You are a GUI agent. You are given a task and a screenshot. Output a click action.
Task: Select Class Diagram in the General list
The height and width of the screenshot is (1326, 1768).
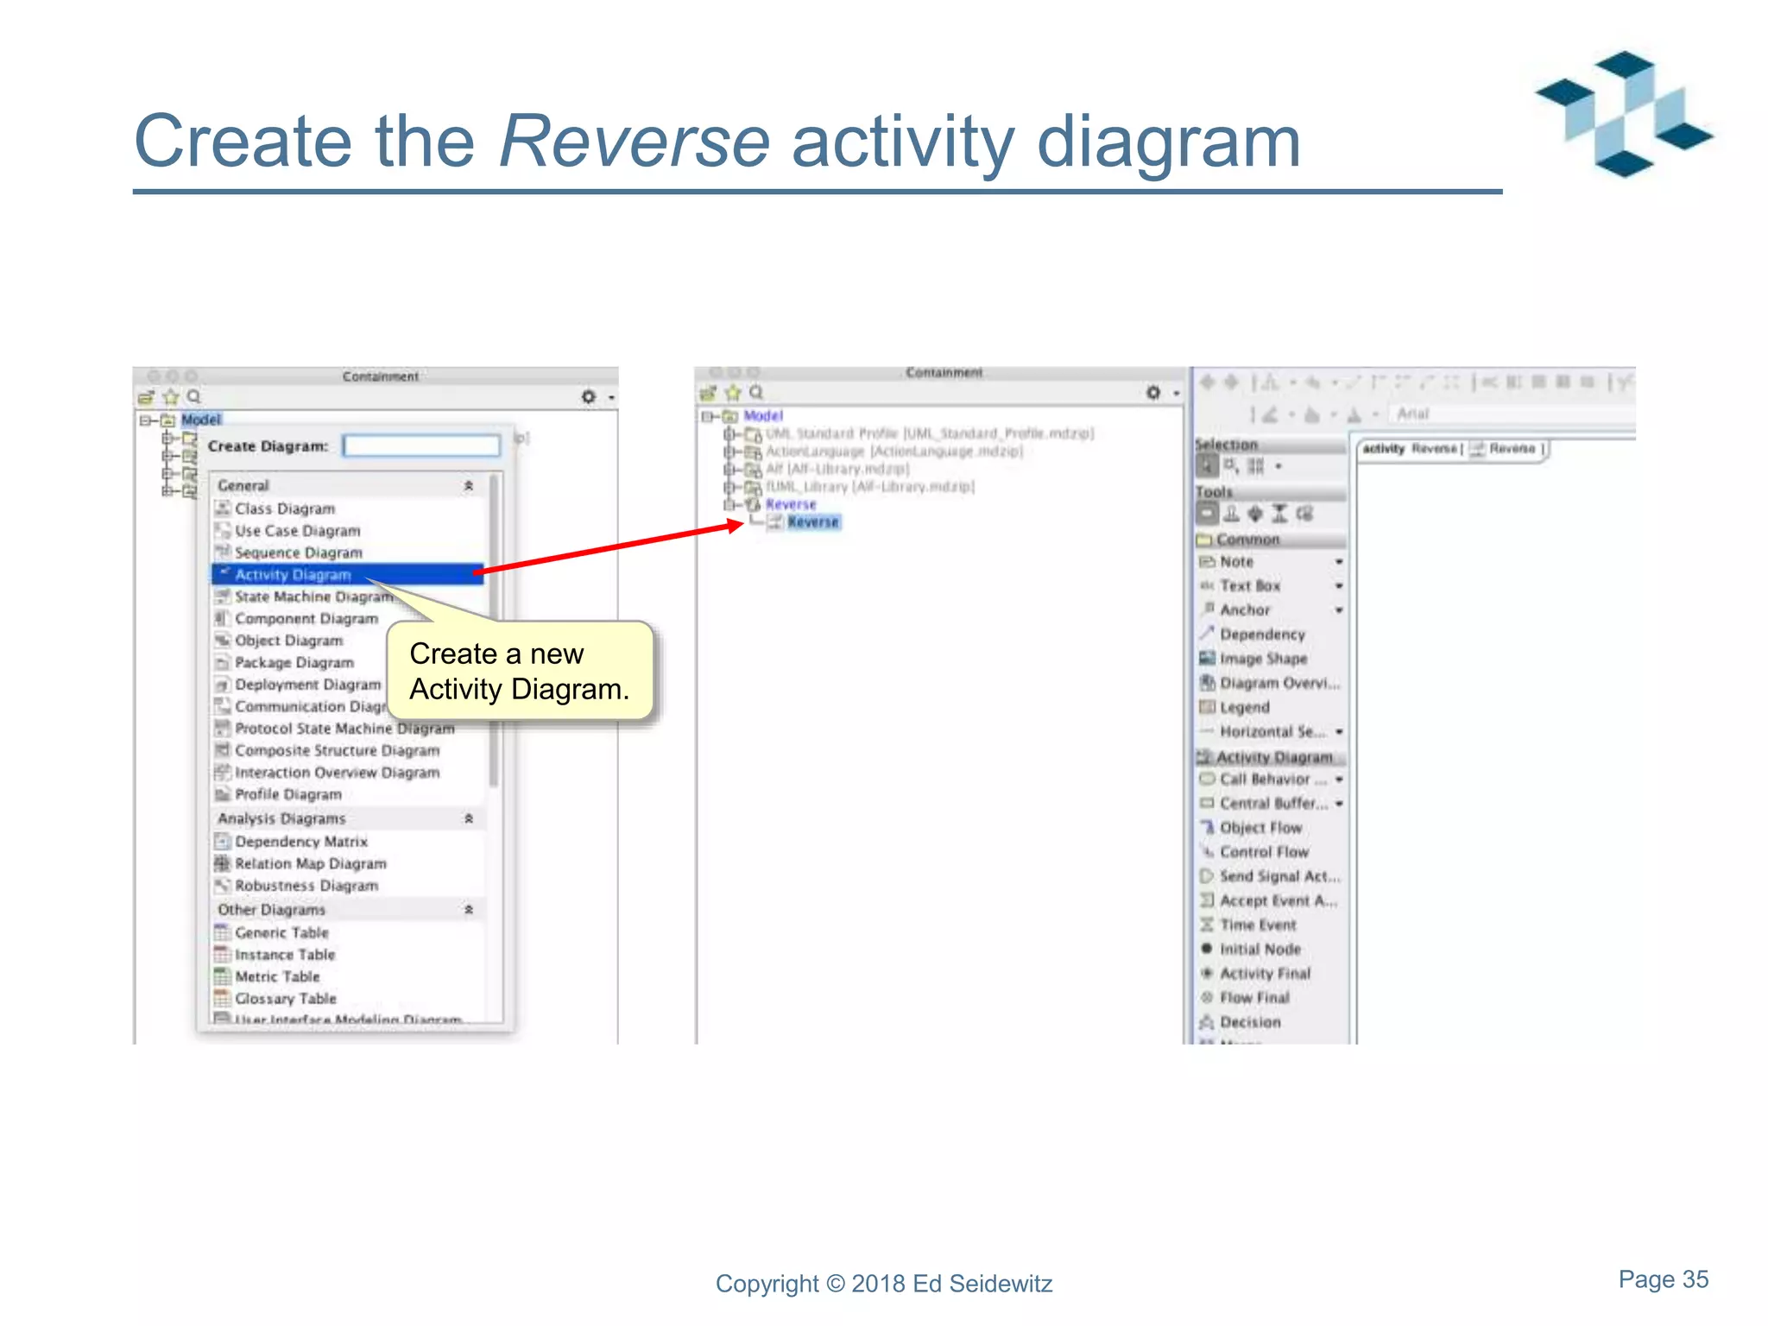[284, 509]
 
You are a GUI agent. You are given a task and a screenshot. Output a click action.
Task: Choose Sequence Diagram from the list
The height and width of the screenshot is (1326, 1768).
[298, 553]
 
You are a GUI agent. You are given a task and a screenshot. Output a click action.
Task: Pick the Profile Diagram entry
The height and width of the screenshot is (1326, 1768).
[287, 795]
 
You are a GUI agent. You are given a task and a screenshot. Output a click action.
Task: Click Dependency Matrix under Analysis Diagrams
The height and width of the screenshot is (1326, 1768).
[300, 842]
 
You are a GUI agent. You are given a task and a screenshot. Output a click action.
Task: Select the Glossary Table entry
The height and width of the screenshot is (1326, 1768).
[285, 999]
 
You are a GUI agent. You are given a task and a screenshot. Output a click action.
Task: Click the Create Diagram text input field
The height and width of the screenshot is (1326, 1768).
[421, 446]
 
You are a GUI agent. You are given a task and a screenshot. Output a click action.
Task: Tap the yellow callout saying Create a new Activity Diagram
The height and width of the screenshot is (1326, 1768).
[520, 672]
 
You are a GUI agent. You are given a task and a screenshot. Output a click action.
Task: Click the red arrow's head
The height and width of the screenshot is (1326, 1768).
[736, 524]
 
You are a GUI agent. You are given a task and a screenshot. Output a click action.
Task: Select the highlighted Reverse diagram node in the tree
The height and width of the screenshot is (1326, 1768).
[812, 522]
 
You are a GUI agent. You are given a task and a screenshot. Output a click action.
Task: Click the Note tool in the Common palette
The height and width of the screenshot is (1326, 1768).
[1236, 562]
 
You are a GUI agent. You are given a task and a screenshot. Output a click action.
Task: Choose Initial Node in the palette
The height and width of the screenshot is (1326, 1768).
[1260, 950]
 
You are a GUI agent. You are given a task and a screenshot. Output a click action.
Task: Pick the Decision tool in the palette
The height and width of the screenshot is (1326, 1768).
[1249, 1022]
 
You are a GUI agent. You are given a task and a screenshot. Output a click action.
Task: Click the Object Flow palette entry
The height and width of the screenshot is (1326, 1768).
[1260, 828]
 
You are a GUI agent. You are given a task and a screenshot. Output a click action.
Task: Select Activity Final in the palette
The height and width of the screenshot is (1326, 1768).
[1264, 974]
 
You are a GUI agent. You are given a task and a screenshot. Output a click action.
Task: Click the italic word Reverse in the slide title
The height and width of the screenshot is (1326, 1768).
[634, 142]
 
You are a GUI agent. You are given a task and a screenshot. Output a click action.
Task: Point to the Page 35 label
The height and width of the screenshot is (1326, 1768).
[1663, 1279]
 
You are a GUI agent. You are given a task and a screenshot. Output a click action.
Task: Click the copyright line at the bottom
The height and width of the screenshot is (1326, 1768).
[884, 1284]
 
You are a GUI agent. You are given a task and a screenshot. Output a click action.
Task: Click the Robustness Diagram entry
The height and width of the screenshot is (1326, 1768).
[306, 886]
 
